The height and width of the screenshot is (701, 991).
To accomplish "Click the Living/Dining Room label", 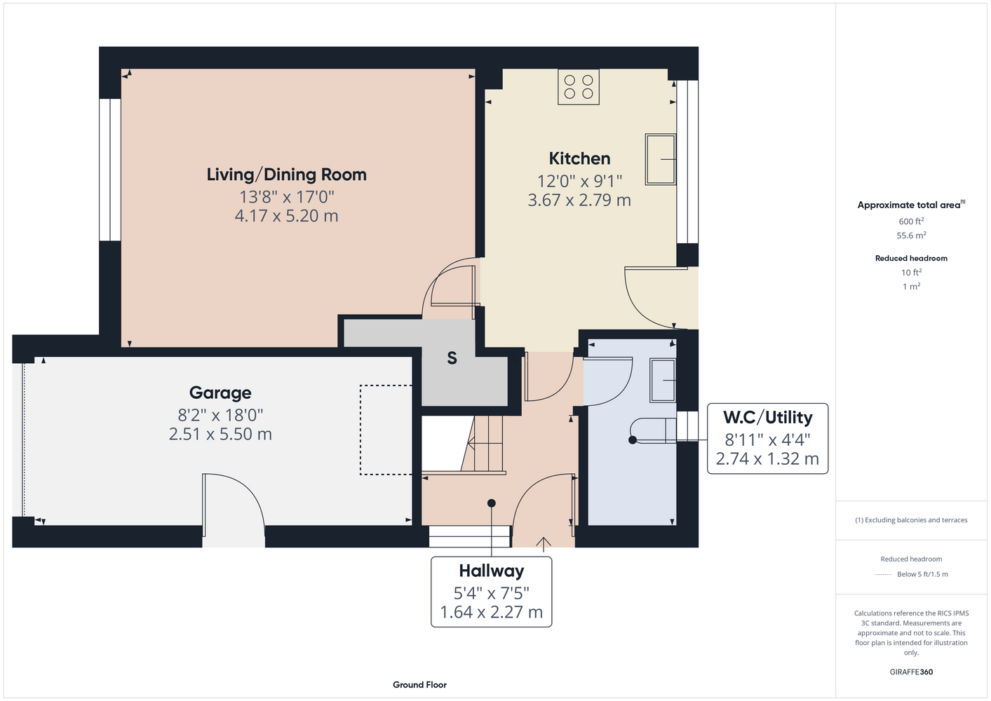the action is click(287, 175).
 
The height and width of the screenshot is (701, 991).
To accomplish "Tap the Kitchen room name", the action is click(579, 158).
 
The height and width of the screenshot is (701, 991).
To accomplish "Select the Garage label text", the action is click(220, 393).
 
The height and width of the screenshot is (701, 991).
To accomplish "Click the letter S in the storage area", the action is click(452, 358).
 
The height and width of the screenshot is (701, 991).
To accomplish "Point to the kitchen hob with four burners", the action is click(578, 87).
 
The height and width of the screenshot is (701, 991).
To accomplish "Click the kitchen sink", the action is click(661, 159).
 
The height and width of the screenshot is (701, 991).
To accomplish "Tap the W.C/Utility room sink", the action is click(663, 381).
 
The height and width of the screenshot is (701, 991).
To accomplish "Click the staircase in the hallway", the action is click(483, 444).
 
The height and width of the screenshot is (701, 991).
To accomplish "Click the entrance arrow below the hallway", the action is click(544, 544).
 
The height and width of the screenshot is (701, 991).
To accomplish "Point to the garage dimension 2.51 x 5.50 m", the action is click(220, 434).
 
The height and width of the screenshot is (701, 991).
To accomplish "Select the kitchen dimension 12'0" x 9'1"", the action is click(579, 181).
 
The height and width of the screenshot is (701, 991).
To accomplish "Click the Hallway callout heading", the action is click(492, 571).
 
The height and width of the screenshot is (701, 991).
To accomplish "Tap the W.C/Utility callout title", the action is click(767, 418).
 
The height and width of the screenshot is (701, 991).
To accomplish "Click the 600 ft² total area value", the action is click(911, 221).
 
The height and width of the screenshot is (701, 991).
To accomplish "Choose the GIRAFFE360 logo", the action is click(911, 672).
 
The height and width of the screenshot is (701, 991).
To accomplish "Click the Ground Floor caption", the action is click(420, 685).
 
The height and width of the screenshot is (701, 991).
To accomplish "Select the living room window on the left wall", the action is click(110, 170).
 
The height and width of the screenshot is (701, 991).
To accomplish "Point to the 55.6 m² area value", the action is click(911, 236).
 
